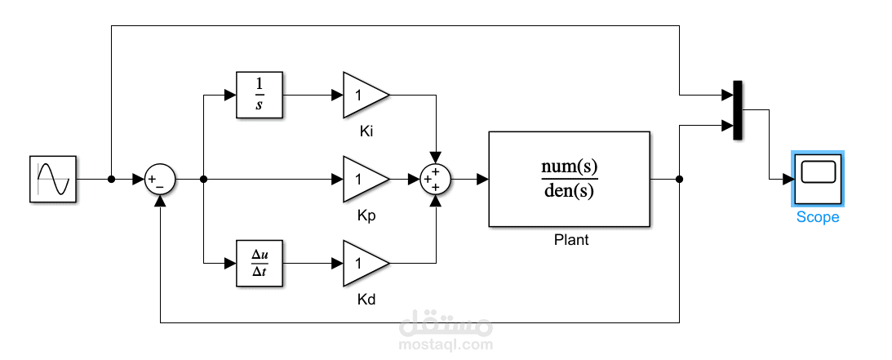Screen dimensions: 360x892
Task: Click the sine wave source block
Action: coord(54,179)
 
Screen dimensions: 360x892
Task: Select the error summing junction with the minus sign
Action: coord(160,179)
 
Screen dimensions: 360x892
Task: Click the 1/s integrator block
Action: coord(260,94)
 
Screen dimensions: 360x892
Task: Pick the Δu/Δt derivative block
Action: coord(260,264)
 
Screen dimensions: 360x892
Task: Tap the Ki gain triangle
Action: coord(363,94)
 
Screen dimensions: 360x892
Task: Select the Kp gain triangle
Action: coord(363,179)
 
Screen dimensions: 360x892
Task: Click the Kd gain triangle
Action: coord(363,264)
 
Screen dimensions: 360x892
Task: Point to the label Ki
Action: coord(366,131)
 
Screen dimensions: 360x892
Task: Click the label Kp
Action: coord(366,216)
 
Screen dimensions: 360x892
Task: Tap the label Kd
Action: coord(366,300)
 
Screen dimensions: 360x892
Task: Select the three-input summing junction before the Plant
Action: coord(436,179)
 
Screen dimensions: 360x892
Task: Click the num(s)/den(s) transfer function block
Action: coord(570,179)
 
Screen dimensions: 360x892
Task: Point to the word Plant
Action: coord(570,240)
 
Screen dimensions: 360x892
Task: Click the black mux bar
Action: coord(738,110)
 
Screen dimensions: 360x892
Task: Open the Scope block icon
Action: coord(818,178)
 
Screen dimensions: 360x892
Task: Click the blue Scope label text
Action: coord(818,217)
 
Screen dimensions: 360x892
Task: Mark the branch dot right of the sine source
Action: coord(110,179)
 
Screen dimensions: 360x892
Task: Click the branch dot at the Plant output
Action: coord(679,179)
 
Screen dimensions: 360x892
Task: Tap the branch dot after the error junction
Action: coord(203,179)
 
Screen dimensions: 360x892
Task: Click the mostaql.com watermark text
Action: coord(446,344)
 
